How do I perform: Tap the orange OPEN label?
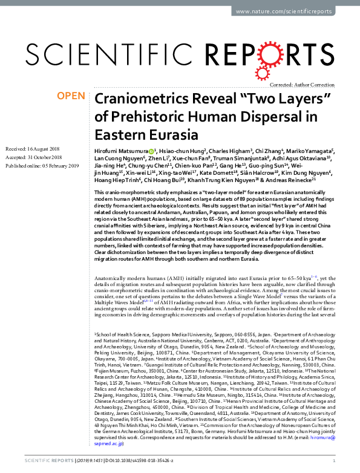[x=70, y=96]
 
